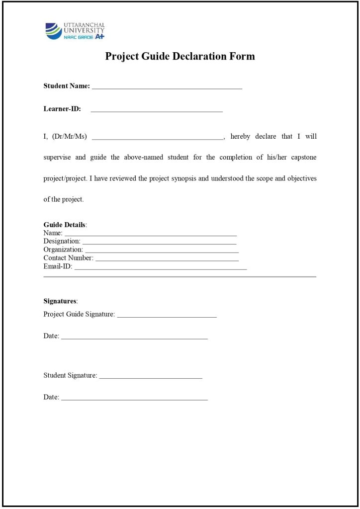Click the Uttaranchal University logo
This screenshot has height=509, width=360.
75,31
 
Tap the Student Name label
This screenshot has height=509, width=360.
67,86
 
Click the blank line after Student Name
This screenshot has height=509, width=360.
167,88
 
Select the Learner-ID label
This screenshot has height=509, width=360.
62,109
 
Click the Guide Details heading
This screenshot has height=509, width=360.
65,225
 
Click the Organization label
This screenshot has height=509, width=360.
63,250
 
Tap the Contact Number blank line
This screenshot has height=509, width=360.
167,260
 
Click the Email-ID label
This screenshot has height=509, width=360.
58,266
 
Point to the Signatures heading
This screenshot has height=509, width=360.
60,301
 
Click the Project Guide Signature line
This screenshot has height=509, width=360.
167,316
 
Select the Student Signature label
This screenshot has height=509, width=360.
70,375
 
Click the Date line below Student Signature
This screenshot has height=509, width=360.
134,399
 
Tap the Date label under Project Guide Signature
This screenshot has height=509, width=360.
51,336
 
